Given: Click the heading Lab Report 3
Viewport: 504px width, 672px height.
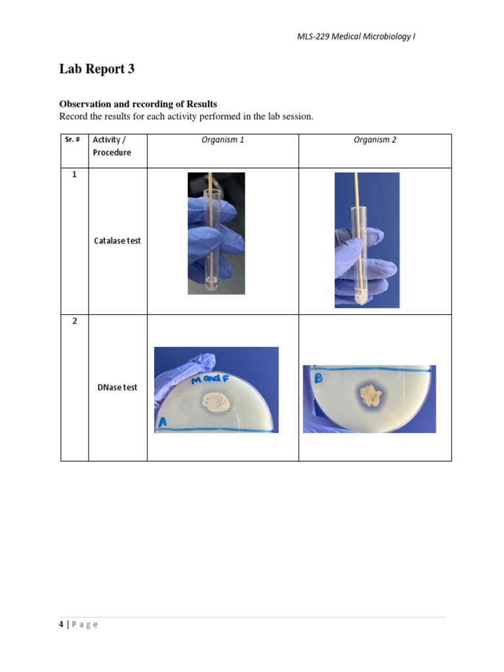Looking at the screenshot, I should pyautogui.click(x=97, y=69).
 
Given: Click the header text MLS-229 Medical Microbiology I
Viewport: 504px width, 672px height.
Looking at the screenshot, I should pyautogui.click(x=356, y=37).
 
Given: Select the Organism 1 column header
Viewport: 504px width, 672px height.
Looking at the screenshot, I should pyautogui.click(x=222, y=140).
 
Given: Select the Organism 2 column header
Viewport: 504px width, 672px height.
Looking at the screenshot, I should pyautogui.click(x=375, y=140).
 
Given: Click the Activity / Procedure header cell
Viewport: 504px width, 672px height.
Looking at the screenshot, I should pyautogui.click(x=112, y=146).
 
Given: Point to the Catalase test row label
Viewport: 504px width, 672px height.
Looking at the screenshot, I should pyautogui.click(x=117, y=241).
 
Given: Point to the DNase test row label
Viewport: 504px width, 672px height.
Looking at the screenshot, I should pyautogui.click(x=117, y=387).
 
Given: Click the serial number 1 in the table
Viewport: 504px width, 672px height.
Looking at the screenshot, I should pyautogui.click(x=74, y=175).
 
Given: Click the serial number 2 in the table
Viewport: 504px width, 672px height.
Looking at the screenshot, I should pyautogui.click(x=74, y=322).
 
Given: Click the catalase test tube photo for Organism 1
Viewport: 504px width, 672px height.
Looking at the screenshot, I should pyautogui.click(x=216, y=233).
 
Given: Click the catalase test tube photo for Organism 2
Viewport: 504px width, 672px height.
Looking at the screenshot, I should pyautogui.click(x=367, y=240).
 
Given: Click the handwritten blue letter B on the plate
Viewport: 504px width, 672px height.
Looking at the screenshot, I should pyautogui.click(x=318, y=378).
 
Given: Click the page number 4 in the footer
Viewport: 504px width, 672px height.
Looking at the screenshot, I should pyautogui.click(x=61, y=624).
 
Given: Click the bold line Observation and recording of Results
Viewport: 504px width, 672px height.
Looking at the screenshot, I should pyautogui.click(x=138, y=104).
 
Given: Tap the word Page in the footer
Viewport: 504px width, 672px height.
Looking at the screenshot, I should pyautogui.click(x=85, y=624).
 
